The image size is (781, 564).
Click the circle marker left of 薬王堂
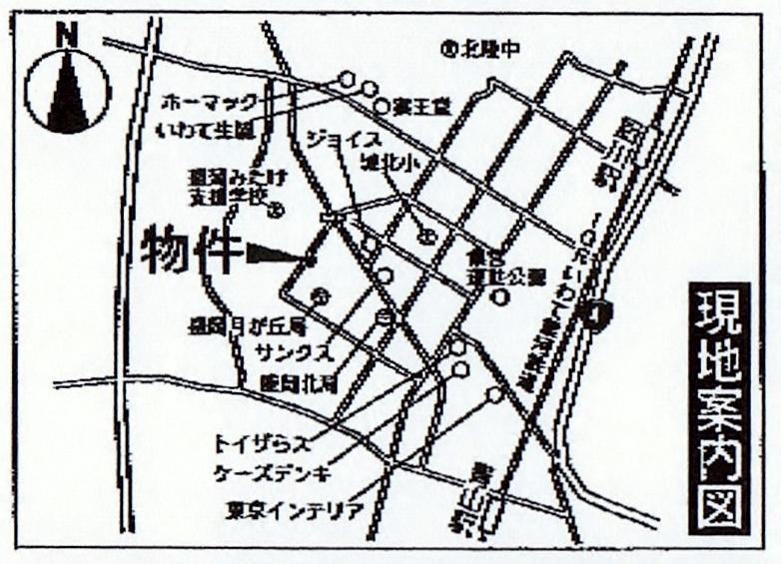(x=381, y=106)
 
